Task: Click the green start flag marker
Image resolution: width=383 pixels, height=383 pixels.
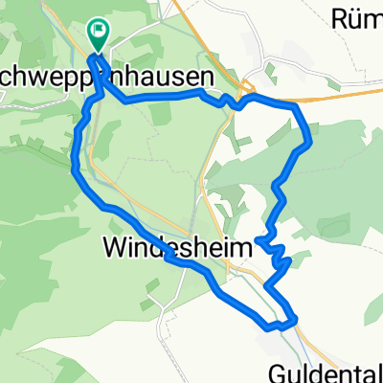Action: coord(99,35)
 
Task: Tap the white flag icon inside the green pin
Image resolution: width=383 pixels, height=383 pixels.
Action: coord(99,31)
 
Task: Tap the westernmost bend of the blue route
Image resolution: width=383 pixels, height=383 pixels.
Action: coord(75,168)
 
